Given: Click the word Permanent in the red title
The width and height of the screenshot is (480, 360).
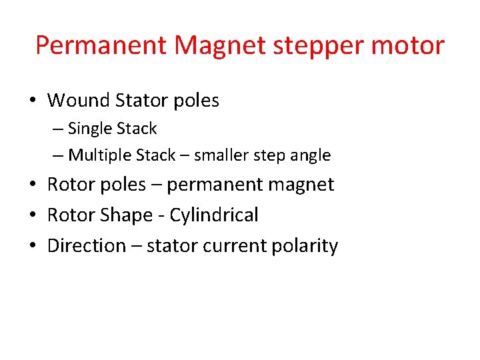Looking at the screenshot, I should click(x=99, y=45).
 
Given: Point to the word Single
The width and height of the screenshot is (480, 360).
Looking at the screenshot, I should click(x=90, y=129).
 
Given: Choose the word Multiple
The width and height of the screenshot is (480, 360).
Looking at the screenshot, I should click(x=100, y=156).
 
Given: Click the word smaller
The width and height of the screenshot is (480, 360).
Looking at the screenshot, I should click(x=223, y=155).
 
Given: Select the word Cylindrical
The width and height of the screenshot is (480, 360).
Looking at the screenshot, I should click(x=214, y=215).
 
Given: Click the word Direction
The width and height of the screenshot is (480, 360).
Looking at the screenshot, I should click(x=87, y=246).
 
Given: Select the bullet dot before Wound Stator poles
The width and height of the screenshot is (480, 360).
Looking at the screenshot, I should click(x=32, y=101).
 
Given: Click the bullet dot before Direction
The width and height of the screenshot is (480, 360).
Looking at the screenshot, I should click(x=32, y=246).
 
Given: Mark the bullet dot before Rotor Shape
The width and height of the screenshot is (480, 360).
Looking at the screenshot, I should click(x=32, y=215).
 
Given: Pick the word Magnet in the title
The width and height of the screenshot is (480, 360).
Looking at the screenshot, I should click(x=209, y=46).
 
